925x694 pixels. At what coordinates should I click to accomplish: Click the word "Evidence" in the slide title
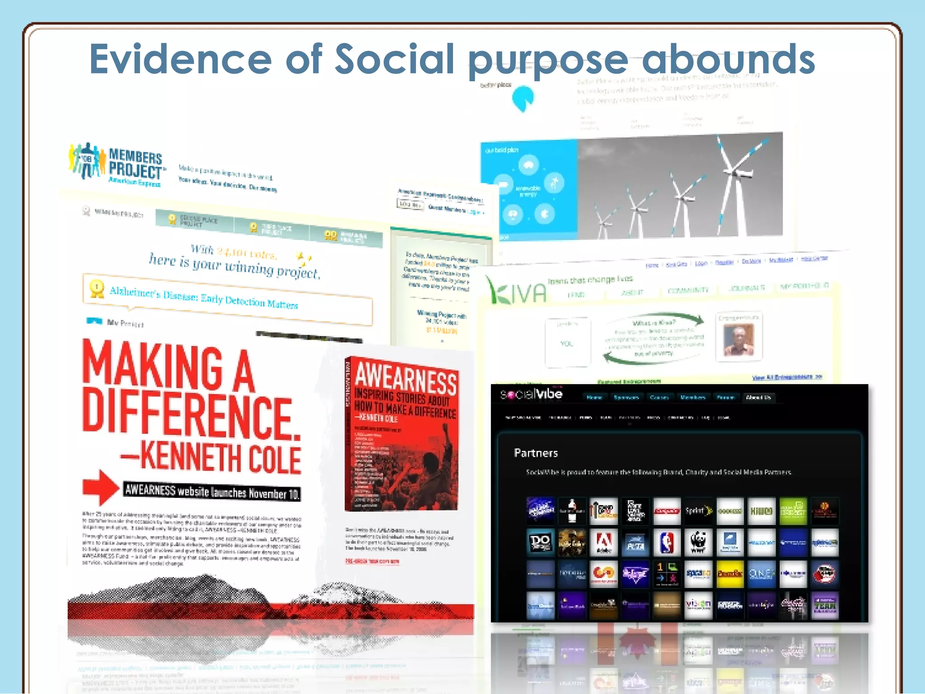tap(181, 59)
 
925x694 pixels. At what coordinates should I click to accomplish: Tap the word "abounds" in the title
tap(728, 59)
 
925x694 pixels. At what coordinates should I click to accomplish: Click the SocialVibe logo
tap(531, 394)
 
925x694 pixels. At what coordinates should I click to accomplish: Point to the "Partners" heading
tap(536, 453)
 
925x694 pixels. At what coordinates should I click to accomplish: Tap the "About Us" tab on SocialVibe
tap(758, 398)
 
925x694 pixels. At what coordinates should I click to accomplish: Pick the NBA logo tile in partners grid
tap(667, 543)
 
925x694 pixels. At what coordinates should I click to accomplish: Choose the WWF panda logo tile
tap(698, 543)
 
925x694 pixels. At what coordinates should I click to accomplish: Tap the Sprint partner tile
tap(698, 511)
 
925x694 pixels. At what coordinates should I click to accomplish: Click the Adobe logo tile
tap(604, 543)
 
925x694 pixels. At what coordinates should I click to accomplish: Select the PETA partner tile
tap(635, 543)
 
